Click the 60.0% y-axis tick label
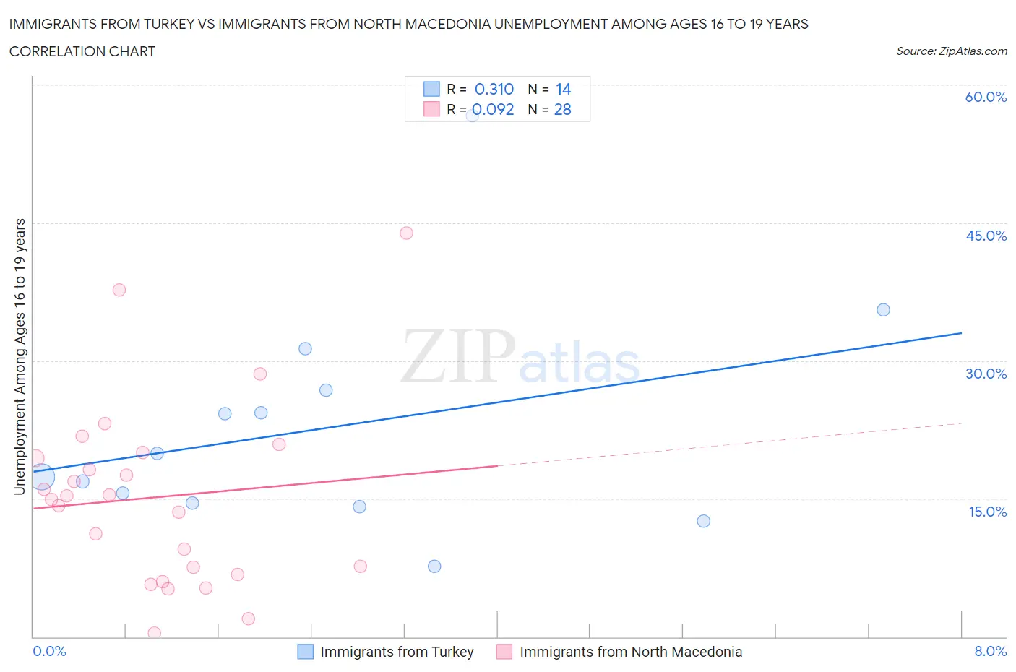[x=986, y=98]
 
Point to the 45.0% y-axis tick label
[x=986, y=236]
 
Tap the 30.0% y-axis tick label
[x=986, y=374]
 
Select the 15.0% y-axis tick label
[x=987, y=512]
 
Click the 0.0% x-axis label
[x=49, y=651]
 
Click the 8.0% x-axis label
[x=990, y=651]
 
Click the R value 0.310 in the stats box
[x=494, y=89]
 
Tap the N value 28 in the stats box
[x=562, y=109]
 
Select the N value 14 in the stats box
[x=563, y=89]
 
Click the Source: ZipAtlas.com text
[x=951, y=51]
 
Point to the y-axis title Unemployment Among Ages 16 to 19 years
[x=20, y=357]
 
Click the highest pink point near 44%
[x=406, y=233]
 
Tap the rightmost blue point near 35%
[x=883, y=310]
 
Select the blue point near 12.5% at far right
[x=703, y=521]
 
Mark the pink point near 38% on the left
[x=119, y=290]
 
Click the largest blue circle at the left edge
[x=42, y=477]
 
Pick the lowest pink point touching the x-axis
[x=154, y=633]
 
